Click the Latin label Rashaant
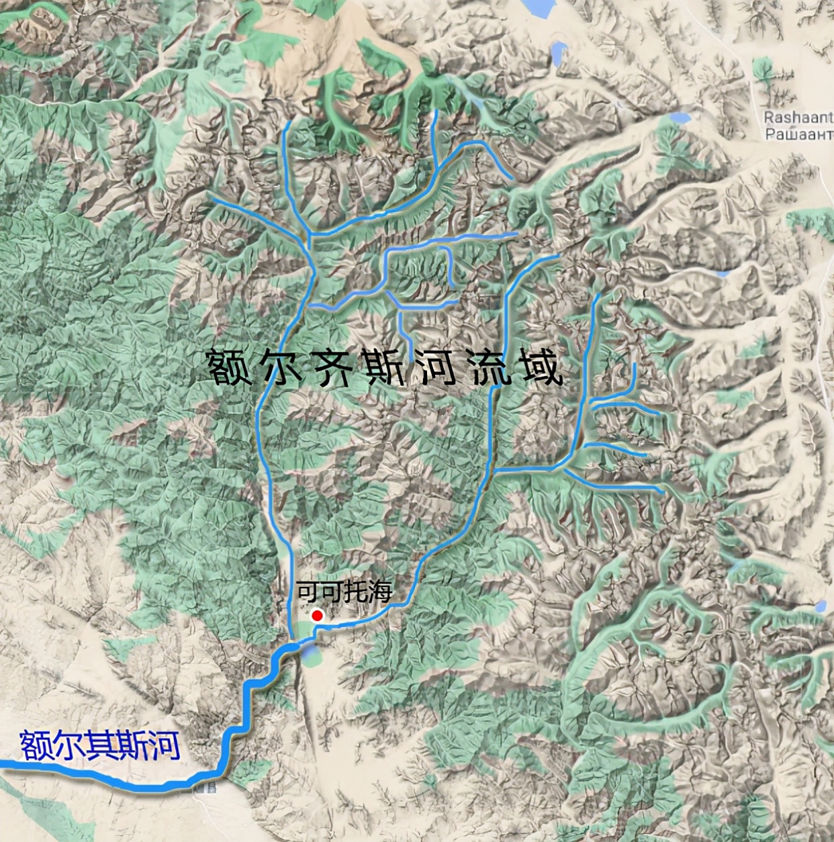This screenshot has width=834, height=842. coord(798,118)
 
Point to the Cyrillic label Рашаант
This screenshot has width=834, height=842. coord(798,134)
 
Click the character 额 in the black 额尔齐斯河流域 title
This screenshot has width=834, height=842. coord(230,367)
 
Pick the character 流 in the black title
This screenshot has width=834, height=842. coord(490,367)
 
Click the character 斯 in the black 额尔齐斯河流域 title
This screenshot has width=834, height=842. coord(385,367)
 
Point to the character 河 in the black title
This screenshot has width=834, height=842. coord(438,367)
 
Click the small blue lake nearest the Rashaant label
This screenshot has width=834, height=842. coord(680,118)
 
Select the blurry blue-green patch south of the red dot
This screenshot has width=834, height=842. coord(310,654)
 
